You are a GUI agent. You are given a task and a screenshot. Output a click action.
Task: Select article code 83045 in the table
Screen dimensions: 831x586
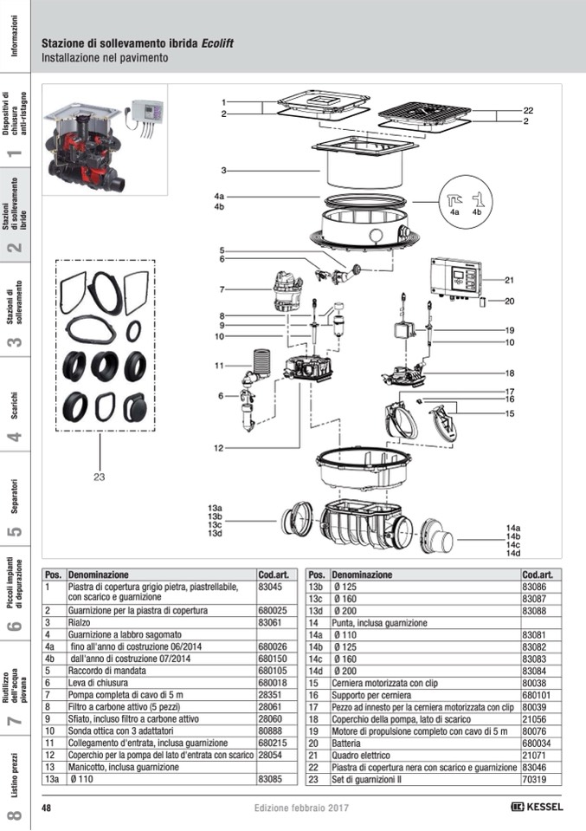[x=271, y=587]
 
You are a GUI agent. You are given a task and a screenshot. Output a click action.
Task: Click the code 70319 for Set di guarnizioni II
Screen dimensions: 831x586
[x=534, y=779]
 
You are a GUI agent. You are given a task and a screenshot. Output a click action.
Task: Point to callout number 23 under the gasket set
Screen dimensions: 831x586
[x=99, y=476]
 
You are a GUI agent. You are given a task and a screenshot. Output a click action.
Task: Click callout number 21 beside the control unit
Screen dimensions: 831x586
[x=510, y=280]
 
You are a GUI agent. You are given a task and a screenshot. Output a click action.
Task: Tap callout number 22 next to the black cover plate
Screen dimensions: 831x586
[x=527, y=111]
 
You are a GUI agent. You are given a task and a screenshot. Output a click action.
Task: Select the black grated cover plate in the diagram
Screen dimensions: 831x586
[x=423, y=114]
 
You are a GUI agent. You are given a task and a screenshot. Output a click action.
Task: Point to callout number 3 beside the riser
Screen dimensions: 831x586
[x=222, y=170]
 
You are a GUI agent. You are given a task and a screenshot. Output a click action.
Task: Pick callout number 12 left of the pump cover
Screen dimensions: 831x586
[x=219, y=448]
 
